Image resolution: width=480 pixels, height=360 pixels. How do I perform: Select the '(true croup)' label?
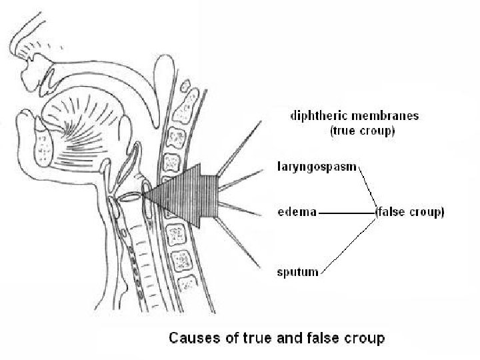tap(363, 131)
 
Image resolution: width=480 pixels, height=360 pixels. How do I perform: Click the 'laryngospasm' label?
tap(317, 164)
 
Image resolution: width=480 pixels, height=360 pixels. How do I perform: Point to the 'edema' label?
tap(296, 213)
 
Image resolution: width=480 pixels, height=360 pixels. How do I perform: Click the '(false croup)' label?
tap(410, 213)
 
